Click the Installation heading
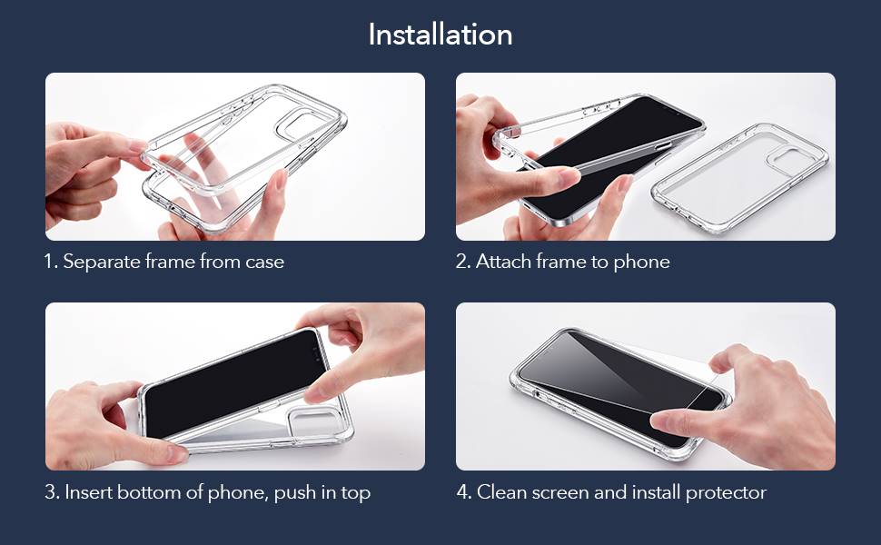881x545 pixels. click(x=440, y=35)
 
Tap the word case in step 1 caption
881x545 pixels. click(x=264, y=262)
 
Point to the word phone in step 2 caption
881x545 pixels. click(x=641, y=262)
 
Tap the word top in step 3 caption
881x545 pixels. click(x=356, y=492)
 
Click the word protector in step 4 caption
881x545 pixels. click(x=726, y=492)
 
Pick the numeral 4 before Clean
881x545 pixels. click(x=463, y=492)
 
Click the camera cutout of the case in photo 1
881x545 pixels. click(x=301, y=124)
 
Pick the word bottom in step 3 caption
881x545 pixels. click(x=150, y=492)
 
